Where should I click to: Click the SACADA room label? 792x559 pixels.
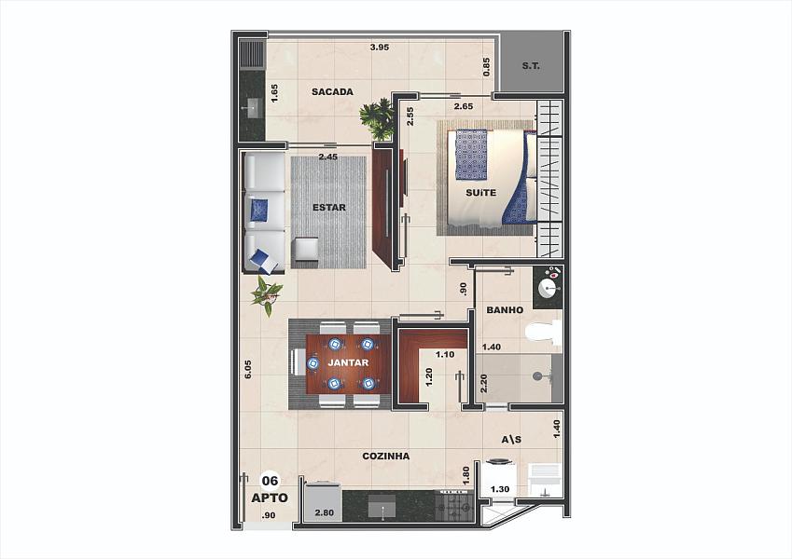[332, 92]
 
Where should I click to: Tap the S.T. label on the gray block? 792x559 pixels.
[531, 65]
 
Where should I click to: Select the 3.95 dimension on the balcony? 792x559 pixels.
[380, 48]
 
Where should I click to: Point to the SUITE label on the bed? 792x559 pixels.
[480, 192]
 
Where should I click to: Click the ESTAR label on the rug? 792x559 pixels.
[329, 208]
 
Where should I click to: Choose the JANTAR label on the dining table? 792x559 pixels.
[348, 362]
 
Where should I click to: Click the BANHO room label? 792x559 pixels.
[505, 310]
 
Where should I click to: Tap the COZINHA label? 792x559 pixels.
[386, 457]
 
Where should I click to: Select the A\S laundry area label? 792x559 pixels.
[511, 440]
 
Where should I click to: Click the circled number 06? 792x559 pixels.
[271, 481]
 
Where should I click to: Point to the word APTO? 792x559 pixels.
[270, 498]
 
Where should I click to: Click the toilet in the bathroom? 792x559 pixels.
[544, 333]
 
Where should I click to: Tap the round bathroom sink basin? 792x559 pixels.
[549, 289]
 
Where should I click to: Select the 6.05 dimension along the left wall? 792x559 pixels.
[247, 369]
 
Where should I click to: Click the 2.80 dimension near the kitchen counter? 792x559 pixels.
[325, 512]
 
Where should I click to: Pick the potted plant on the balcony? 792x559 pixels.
[377, 119]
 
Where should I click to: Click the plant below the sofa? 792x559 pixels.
[267, 295]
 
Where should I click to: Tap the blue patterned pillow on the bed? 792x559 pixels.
[471, 155]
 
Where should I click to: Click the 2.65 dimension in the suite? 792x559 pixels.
[464, 106]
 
